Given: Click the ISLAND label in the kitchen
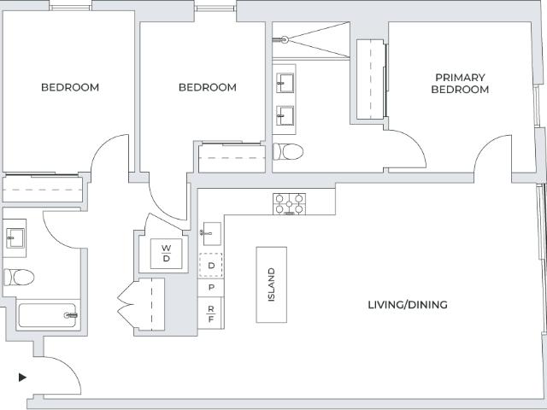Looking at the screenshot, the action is point(272,284).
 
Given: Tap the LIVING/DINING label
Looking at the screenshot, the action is point(408,305).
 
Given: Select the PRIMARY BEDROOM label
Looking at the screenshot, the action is point(460,84).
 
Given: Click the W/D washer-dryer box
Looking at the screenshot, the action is point(166,254).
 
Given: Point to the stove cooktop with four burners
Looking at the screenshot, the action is point(289,203).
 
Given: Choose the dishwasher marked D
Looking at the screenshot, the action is point(211,266).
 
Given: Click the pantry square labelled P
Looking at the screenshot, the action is point(211,288).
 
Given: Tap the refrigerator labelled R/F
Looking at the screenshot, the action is point(211,313).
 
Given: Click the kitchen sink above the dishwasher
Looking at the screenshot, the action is point(212,233).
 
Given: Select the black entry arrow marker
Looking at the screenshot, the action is point(22,378).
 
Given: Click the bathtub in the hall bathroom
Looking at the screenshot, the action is point(48,315).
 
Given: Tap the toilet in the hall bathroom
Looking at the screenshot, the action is point(19,277).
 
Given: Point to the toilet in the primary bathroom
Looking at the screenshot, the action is point(288,152).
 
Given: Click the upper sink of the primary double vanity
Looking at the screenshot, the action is point(285,83).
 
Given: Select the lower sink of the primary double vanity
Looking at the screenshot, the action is point(285,116).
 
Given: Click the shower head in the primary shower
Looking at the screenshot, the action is point(285,40).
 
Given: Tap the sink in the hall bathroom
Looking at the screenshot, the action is point(15,238).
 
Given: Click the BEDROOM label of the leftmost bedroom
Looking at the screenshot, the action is point(70,87).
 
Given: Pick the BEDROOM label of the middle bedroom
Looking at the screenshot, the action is point(208,87).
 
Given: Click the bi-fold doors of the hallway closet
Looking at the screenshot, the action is point(126,304).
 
